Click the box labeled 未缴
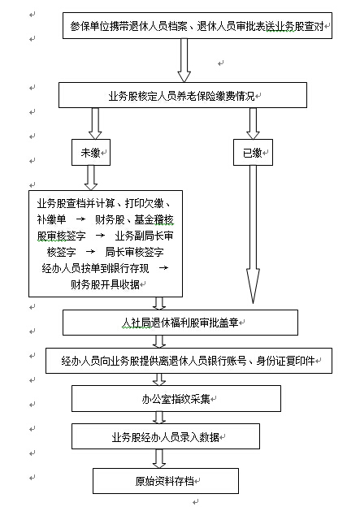tap(91, 152)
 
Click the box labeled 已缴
tap(253, 152)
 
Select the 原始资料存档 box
tap(166, 481)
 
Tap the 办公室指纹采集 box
tap(176, 399)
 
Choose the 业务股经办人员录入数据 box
tap(166, 437)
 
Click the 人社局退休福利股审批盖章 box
tap(180, 323)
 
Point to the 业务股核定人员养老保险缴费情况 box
tap(183, 95)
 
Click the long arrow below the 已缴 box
tap(253, 234)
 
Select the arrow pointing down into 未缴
tap(95, 123)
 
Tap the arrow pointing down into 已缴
tap(253, 123)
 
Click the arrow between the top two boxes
tap(184, 60)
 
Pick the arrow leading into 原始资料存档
tap(159, 458)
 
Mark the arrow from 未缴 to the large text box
tap(91, 178)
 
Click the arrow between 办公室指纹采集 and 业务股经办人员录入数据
tap(159, 418)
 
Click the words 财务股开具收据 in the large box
tap(105, 284)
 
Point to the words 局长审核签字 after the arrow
tap(134, 252)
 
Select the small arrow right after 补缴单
tap(80, 219)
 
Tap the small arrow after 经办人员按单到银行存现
tap(163, 268)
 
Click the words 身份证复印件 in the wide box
tap(285, 361)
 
